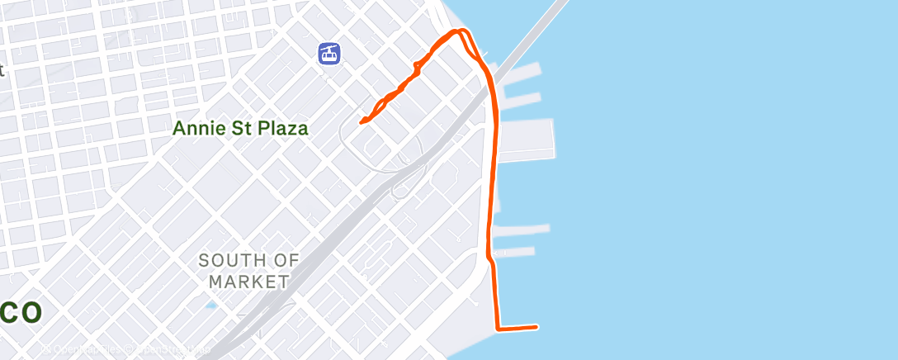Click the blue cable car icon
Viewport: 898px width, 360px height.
tap(329, 54)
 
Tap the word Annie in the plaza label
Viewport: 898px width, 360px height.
tap(197, 129)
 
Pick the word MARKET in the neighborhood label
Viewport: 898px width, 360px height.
tap(248, 282)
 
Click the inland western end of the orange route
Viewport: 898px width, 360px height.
tap(362, 122)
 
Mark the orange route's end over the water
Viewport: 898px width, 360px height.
tap(536, 327)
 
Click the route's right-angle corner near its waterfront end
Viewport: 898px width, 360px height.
tap(498, 329)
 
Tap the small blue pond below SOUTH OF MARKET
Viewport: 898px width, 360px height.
tap(211, 306)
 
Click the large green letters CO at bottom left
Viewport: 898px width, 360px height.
tap(20, 314)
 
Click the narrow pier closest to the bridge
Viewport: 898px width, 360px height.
tap(521, 71)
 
